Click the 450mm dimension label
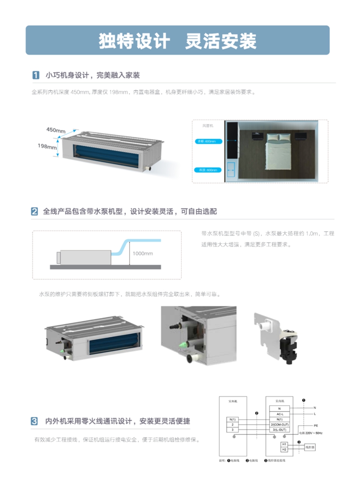(55, 130)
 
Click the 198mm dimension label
(47, 147)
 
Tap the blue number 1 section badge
(35, 75)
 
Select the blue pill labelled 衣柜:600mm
(208, 141)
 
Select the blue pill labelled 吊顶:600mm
(208, 170)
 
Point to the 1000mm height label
(142, 254)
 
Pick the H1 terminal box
(284, 444)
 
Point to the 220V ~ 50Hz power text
(310, 433)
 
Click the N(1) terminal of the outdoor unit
(232, 419)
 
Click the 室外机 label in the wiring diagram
(232, 400)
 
